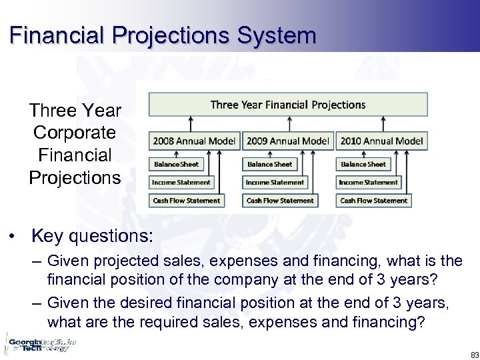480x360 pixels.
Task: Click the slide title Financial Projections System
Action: click(163, 35)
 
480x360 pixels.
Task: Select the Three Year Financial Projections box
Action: click(288, 105)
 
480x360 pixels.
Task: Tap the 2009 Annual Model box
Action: click(288, 141)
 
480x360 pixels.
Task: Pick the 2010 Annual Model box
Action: click(382, 141)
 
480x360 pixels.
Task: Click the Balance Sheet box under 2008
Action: click(176, 164)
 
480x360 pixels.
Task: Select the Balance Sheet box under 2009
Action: click(269, 164)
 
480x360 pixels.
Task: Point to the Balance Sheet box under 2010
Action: click(363, 164)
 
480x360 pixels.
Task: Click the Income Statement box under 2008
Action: click(181, 182)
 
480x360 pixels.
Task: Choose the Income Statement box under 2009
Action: click(275, 182)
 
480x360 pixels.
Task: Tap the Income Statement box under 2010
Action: click(368, 182)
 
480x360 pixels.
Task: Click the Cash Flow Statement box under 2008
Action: click(186, 200)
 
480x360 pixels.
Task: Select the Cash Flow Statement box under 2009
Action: click(280, 200)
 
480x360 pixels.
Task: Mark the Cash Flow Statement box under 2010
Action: click(373, 200)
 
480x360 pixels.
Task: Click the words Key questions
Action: click(92, 236)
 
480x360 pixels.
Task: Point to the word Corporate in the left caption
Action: click(75, 133)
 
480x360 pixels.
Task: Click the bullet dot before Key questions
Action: click(14, 237)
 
